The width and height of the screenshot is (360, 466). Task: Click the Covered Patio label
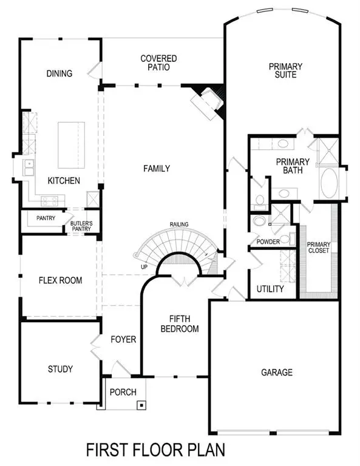click(x=158, y=63)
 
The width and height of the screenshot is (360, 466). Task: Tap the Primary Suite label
click(x=282, y=70)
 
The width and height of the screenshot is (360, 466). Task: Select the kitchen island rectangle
click(x=71, y=145)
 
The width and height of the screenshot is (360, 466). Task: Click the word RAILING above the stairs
click(x=179, y=224)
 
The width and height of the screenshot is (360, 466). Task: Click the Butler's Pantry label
click(x=81, y=226)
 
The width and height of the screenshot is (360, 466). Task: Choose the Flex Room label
click(x=59, y=280)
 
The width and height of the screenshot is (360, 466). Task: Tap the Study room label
click(x=60, y=369)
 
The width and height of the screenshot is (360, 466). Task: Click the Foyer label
click(x=123, y=339)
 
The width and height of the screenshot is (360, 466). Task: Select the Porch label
click(x=123, y=392)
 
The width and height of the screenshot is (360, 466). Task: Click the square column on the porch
click(x=141, y=405)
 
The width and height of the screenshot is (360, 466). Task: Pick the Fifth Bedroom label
click(x=184, y=323)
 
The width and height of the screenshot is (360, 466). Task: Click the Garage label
click(x=277, y=372)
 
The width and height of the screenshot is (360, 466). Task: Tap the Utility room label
click(x=270, y=289)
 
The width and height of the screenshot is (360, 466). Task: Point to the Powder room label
click(x=268, y=241)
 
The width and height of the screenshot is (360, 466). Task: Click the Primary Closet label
click(x=318, y=247)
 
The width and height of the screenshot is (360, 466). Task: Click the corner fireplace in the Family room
click(x=208, y=101)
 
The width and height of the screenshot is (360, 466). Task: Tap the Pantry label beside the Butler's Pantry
click(x=46, y=218)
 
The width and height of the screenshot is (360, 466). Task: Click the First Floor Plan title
click(x=155, y=450)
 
